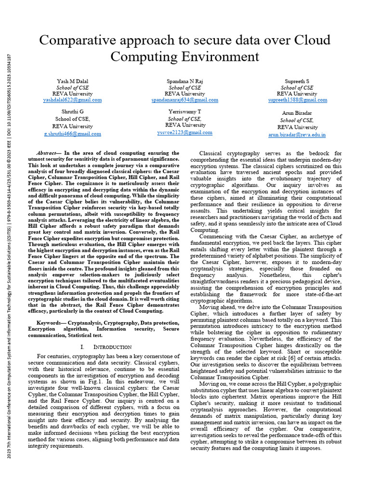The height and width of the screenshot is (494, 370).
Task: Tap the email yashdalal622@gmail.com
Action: point(72,100)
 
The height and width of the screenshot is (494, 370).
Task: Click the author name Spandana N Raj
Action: point(185,81)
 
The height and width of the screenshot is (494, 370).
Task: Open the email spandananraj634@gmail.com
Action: point(185,100)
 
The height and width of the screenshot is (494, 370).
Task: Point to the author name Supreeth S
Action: point(297,81)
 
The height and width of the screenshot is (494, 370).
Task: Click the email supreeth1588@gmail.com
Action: point(297,100)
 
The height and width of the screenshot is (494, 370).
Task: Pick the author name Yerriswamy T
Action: point(185,111)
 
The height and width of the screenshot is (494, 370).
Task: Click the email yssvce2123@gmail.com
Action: point(185,132)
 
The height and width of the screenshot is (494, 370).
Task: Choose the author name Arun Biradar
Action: point(297,113)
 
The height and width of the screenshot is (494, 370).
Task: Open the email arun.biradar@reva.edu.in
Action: point(297,135)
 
